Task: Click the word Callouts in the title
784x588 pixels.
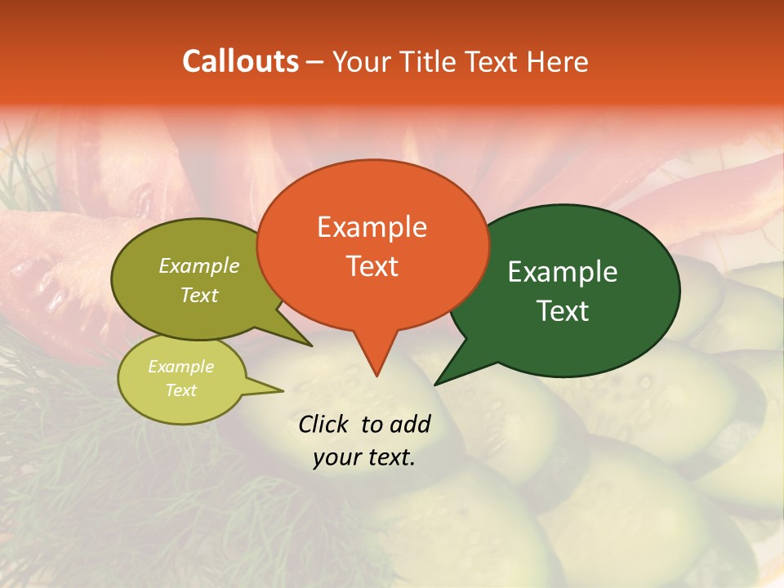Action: click(240, 61)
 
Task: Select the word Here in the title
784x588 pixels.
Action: click(558, 61)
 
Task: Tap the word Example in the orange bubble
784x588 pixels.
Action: click(372, 227)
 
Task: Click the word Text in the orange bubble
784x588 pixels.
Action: click(372, 266)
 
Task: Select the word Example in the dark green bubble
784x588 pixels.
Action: click(563, 272)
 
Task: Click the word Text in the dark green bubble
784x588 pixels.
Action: click(563, 311)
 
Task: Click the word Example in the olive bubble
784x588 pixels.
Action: click(199, 265)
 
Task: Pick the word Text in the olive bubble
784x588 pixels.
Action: click(199, 295)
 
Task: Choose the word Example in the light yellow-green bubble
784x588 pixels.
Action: click(180, 367)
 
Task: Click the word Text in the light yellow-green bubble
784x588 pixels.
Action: click(180, 390)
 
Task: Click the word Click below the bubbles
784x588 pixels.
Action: click(324, 424)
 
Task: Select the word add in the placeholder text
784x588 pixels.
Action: click(409, 424)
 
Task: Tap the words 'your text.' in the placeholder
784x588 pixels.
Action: click(364, 458)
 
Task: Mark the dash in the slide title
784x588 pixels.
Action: click(316, 62)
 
